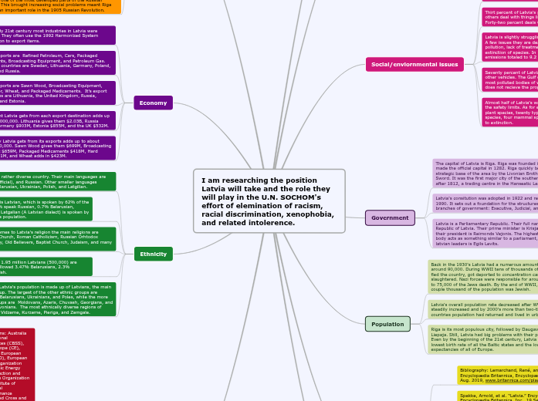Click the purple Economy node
pos(153,103)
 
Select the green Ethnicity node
pos(153,254)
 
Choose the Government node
pos(390,218)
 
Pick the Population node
pos(387,324)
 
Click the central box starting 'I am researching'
pos(268,201)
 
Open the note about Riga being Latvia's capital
pos(485,173)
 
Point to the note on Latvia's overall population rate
pos(483,309)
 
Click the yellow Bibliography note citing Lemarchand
pos(497,376)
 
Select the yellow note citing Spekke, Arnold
pos(497,396)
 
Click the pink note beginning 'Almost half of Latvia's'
pos(508,111)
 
